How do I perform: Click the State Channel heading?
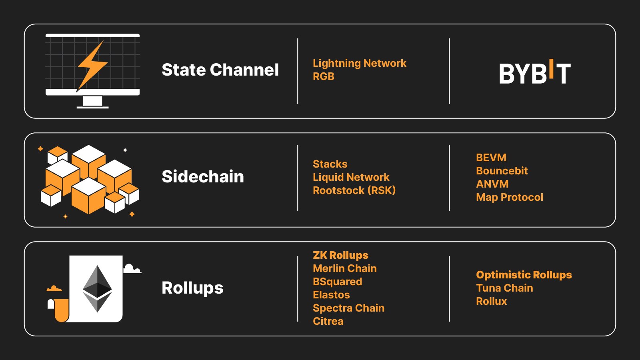220,70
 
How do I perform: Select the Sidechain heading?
203,176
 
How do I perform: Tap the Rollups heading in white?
192,288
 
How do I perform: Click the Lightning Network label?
360,64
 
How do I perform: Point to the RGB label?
324,76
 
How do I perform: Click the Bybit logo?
535,72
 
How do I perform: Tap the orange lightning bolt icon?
92,66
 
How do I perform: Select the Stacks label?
330,164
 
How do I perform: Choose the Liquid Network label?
351,177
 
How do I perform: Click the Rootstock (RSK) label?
354,190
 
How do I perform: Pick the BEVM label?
491,158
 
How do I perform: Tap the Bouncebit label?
502,170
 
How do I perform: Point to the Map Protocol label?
510,197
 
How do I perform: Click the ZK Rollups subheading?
340,255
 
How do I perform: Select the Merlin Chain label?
344,268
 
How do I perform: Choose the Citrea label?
328,321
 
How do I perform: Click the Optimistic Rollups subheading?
524,275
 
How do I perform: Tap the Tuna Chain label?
504,288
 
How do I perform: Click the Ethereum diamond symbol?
97,288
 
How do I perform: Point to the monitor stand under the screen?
92,102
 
